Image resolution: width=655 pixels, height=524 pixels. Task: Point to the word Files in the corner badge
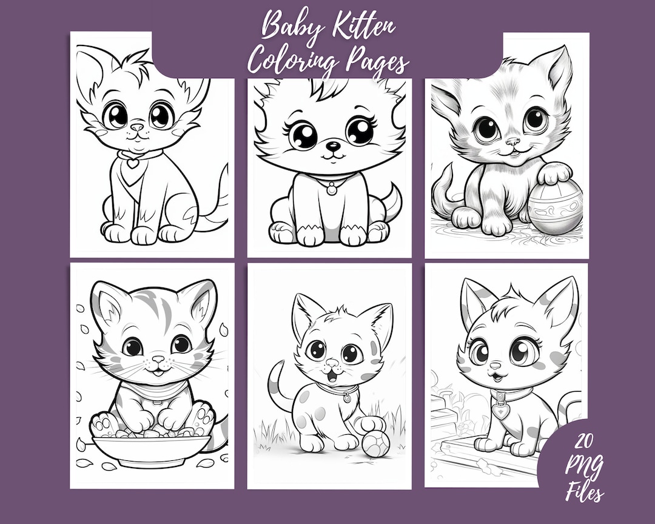(584, 491)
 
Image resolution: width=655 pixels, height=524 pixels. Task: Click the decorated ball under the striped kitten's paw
(554, 209)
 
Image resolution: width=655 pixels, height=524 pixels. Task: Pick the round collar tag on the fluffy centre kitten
(331, 189)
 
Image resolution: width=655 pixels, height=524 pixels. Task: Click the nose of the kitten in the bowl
(158, 360)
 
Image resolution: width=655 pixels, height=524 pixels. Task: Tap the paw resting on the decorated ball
(554, 174)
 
